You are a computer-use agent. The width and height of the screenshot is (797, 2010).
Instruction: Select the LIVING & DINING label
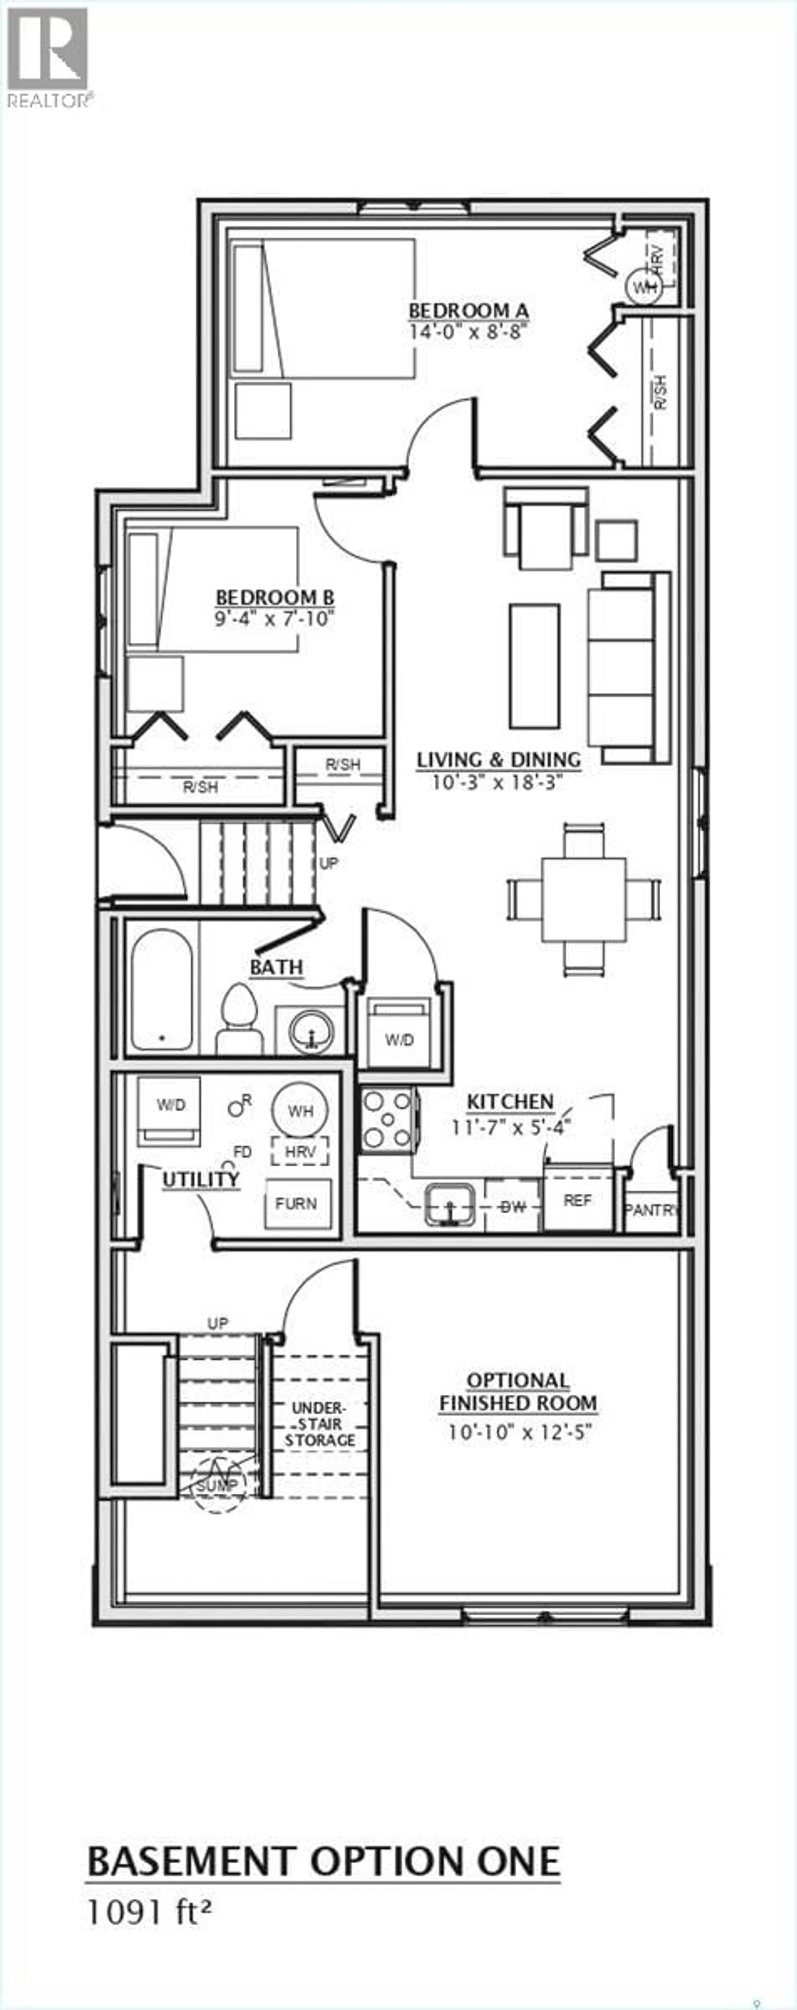point(498,759)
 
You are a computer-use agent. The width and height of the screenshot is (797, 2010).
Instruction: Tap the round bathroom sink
point(310,1031)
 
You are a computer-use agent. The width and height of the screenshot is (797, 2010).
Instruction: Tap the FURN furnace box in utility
point(296,1203)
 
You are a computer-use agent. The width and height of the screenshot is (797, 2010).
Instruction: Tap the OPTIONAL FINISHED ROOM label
point(518,1392)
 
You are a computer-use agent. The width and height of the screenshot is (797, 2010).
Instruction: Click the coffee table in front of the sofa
point(534,665)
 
